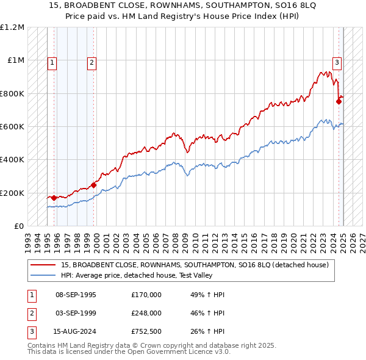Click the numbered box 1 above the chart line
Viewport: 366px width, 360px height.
pos(52,62)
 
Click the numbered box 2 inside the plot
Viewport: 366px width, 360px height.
pos(91,62)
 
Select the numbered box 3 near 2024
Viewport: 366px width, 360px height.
pos(336,62)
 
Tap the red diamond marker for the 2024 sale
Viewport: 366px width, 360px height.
pos(339,101)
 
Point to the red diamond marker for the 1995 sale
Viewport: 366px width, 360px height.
pos(54,198)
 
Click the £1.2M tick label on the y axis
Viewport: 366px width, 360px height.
pos(12,27)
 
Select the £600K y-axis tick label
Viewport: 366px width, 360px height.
pos(12,127)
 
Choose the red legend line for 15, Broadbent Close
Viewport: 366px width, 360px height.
pos(43,265)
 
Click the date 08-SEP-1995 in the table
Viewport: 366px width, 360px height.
pos(76,295)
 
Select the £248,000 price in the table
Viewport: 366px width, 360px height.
pos(146,313)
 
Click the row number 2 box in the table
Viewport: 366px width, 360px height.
pos(31,313)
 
